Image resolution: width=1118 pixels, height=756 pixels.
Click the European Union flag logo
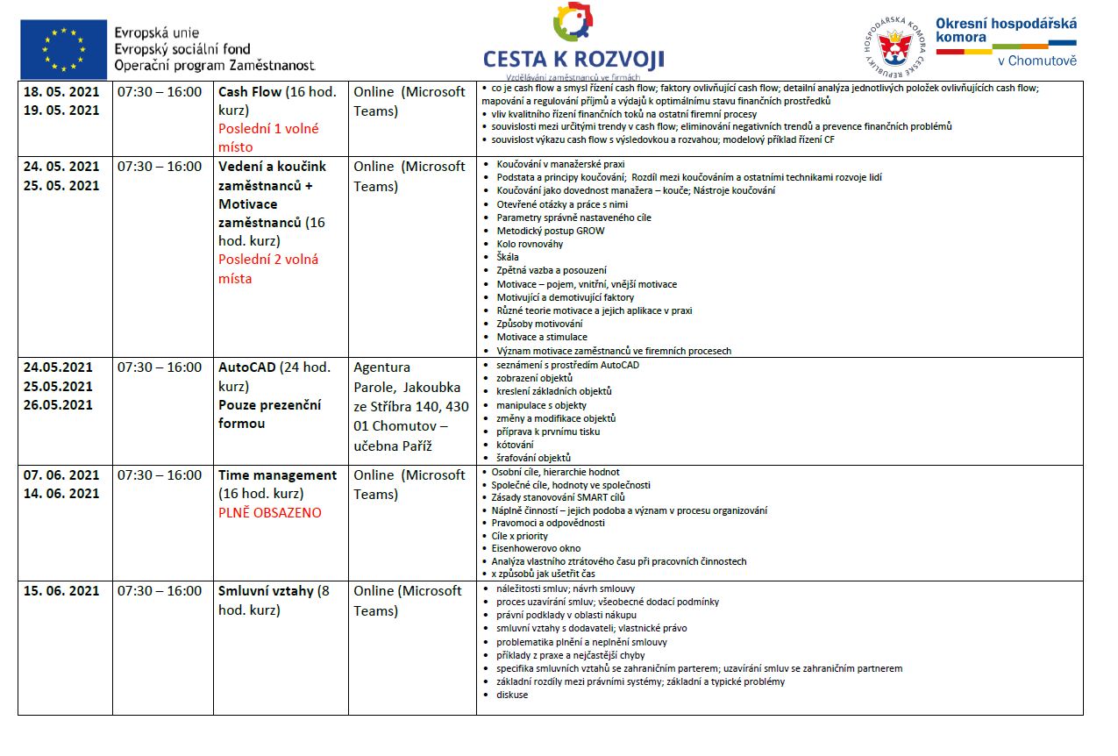[x=64, y=49]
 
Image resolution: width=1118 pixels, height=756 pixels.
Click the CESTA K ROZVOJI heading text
[x=573, y=60]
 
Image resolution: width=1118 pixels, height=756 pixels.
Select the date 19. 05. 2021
[x=61, y=111]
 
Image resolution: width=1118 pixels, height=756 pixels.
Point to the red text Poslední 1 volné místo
[x=268, y=138]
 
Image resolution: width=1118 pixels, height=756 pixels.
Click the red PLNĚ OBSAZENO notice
[x=270, y=512]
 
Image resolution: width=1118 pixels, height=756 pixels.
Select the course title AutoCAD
[x=246, y=367]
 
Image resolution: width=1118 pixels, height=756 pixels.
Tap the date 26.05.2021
[x=58, y=405]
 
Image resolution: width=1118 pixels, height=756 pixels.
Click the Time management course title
[x=277, y=475]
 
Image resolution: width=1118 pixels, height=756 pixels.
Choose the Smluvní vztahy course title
[x=266, y=591]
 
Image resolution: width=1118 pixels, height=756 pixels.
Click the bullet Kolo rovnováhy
[x=530, y=244]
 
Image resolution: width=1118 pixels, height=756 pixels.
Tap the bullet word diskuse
[x=512, y=695]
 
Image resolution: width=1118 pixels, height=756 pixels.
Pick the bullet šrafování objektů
[x=533, y=458]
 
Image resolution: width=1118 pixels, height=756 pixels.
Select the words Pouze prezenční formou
[x=269, y=414]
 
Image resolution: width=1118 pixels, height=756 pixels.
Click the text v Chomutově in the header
[x=1036, y=61]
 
